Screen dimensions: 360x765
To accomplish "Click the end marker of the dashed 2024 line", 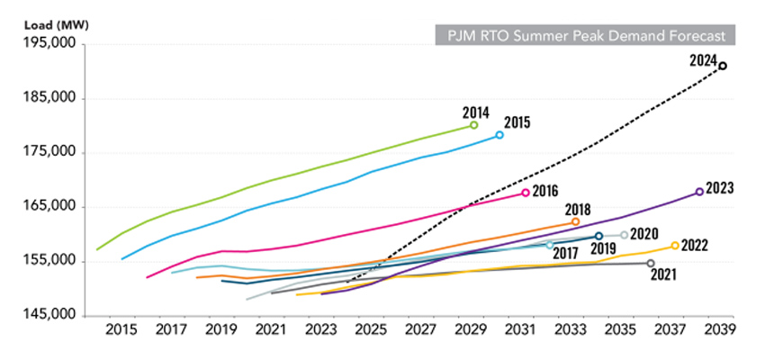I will [723, 66].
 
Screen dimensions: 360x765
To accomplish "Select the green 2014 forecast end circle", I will [474, 125].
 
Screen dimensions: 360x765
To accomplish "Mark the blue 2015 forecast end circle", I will [499, 135].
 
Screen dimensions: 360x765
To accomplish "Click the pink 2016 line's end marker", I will [526, 193].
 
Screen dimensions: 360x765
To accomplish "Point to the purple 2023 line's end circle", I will [699, 192].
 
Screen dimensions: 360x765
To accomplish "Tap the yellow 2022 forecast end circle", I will [675, 246].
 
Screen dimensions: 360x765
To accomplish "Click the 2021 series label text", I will [662, 273].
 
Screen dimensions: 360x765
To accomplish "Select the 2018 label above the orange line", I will [577, 210].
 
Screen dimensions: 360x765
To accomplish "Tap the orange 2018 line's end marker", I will [575, 221].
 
